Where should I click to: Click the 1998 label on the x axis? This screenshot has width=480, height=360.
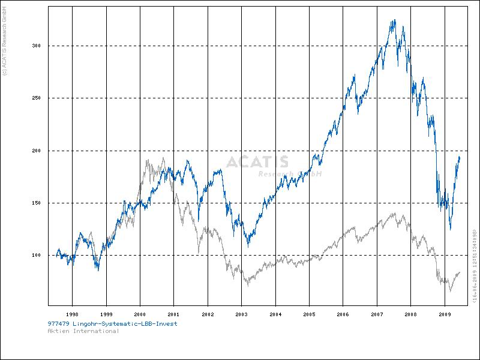tap(72, 314)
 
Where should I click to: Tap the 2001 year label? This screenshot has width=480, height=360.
tap(173, 314)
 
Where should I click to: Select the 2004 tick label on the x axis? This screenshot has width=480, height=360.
tap(275, 314)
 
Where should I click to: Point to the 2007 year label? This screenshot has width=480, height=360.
tap(377, 314)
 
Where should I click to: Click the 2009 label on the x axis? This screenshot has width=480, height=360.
tap(445, 314)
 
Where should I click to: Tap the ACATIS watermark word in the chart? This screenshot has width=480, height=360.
tap(257, 162)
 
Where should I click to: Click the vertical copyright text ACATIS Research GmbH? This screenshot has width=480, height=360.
tap(5, 37)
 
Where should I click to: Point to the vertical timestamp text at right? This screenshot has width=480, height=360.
tap(474, 264)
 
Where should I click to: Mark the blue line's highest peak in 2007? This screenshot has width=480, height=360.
tap(394, 20)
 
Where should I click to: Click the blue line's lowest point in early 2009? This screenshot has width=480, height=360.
tap(450, 229)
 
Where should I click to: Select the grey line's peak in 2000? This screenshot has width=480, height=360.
tap(147, 159)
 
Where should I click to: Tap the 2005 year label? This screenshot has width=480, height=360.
tap(309, 314)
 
